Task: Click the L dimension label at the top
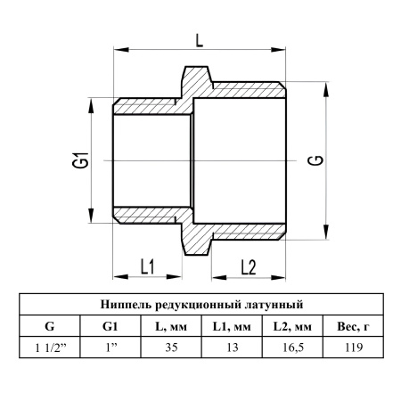tap(200, 40)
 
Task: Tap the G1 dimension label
tap(80, 160)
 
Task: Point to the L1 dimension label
tap(147, 266)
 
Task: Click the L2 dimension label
tap(249, 267)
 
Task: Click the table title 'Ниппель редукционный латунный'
tap(201, 305)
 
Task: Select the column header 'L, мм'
tap(171, 326)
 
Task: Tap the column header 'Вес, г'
tap(354, 326)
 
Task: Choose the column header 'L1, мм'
tap(232, 326)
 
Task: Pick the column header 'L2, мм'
tap(292, 326)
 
